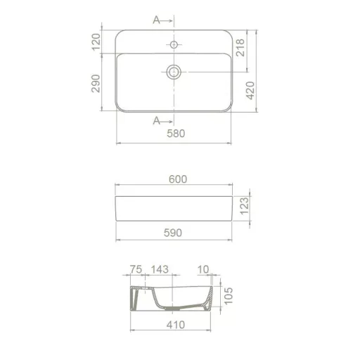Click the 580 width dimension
176,134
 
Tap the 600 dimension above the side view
178,179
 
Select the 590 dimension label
173,233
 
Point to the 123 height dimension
244,205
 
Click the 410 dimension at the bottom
176,325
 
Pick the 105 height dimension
229,296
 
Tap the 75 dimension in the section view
136,269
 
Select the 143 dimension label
160,269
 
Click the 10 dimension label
203,269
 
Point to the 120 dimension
96,42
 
